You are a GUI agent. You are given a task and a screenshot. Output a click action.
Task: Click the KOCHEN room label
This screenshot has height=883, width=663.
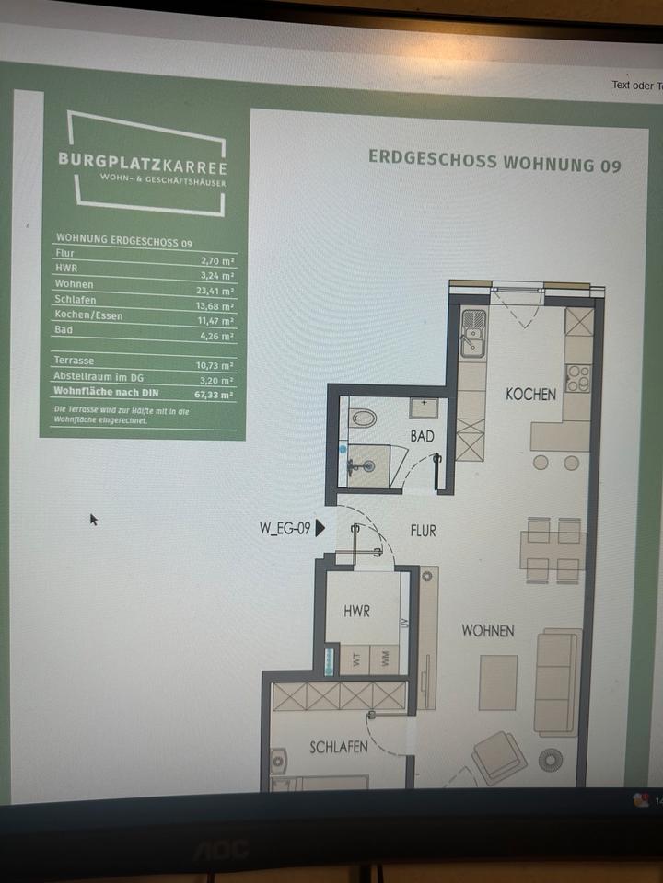tap(531, 395)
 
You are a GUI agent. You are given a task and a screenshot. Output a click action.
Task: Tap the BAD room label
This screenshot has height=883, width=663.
tap(422, 436)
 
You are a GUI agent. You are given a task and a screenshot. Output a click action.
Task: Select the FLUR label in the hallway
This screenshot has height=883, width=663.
tap(423, 531)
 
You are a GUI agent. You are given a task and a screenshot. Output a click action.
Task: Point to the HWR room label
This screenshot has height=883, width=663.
tap(356, 611)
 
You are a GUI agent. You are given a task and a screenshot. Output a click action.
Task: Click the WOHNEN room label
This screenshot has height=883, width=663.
tap(488, 631)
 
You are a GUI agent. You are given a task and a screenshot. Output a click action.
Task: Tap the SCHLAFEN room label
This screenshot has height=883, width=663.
tap(339, 747)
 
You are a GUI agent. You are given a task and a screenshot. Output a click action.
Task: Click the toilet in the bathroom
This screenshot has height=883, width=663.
tap(365, 419)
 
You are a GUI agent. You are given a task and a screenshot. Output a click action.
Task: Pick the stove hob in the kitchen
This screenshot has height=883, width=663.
tap(578, 378)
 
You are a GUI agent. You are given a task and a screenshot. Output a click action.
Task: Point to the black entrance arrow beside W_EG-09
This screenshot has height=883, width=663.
tap(320, 529)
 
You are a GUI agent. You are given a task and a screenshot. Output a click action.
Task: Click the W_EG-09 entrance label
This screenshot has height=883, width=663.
tap(285, 529)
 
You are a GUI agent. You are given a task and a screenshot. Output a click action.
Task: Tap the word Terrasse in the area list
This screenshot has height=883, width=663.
tap(75, 361)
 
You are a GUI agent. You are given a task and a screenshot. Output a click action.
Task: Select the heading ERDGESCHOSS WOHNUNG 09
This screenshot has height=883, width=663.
tap(494, 162)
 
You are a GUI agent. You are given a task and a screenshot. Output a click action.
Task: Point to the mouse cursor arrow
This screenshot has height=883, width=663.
tap(93, 519)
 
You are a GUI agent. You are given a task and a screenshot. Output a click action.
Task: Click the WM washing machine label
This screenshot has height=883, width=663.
tap(385, 659)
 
